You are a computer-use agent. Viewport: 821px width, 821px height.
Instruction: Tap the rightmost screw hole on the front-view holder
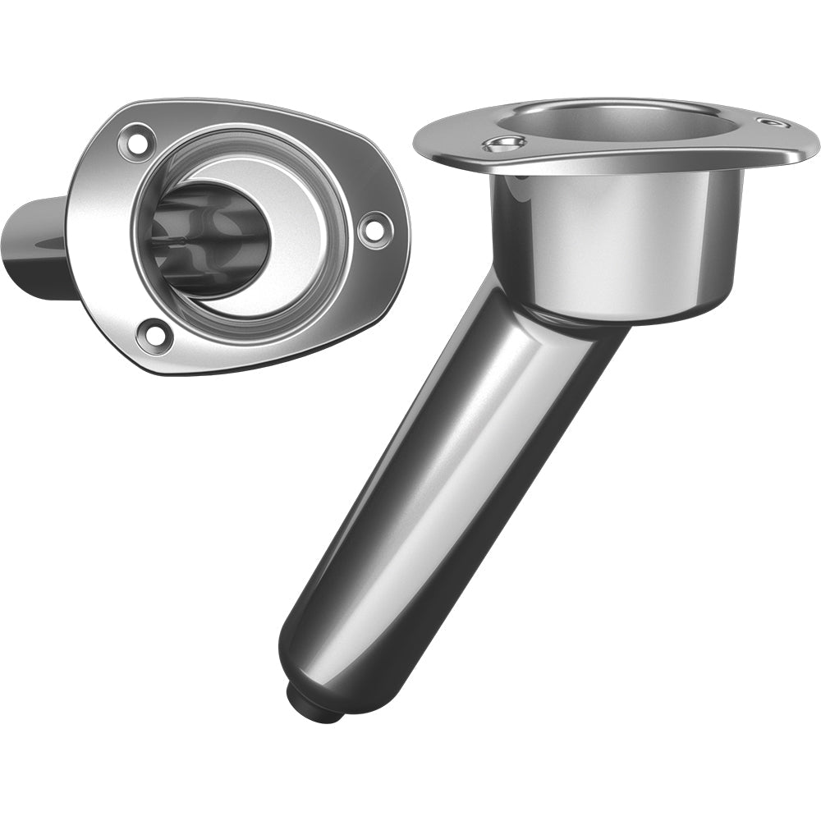pos(374,227)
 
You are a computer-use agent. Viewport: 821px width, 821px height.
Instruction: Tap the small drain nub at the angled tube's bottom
pos(316,704)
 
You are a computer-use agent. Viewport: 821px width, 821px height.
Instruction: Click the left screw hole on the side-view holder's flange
pos(505,145)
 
